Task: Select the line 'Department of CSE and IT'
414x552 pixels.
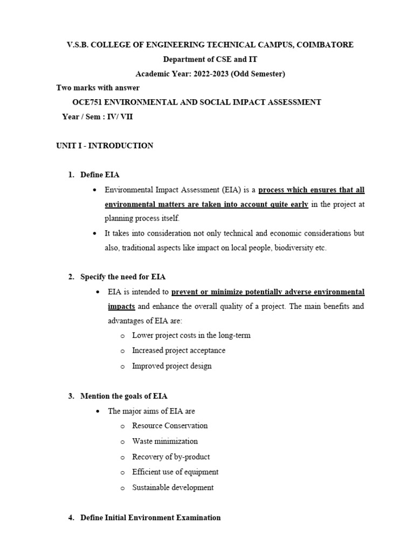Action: (208, 59)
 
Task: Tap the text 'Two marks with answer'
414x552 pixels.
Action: (98, 88)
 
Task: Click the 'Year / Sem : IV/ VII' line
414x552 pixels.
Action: (97, 116)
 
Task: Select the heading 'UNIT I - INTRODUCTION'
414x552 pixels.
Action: (105, 146)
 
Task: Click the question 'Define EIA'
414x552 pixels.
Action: (100, 175)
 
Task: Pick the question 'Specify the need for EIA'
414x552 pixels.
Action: (123, 277)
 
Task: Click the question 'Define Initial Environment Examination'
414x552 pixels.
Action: (150, 517)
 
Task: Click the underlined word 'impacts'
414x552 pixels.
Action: (121, 306)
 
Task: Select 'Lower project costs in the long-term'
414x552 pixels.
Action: (191, 335)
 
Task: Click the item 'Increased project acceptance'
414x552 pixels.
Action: (179, 350)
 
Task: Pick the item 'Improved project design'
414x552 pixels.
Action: (172, 366)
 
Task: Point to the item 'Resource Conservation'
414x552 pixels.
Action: (170, 425)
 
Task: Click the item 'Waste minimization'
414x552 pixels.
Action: (165, 441)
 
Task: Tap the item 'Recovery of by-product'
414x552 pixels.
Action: (171, 457)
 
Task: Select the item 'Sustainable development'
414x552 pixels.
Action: (173, 487)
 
